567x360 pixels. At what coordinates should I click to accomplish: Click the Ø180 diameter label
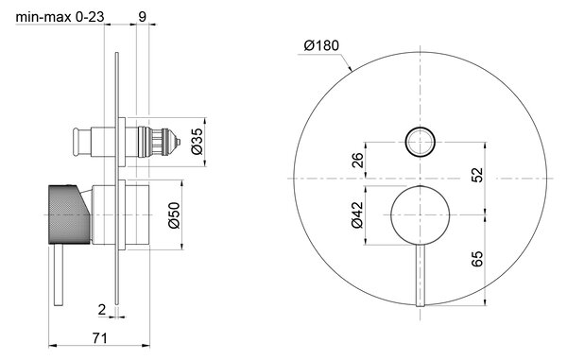(321, 46)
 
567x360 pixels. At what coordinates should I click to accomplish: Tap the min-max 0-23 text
(60, 17)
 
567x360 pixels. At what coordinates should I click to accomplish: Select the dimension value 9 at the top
(143, 17)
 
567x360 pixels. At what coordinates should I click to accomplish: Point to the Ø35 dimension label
(198, 142)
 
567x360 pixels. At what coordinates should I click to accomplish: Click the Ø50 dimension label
(174, 215)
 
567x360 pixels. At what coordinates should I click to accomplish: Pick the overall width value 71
(99, 338)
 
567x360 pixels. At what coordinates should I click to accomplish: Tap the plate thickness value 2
(102, 310)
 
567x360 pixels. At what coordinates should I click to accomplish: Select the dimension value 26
(357, 160)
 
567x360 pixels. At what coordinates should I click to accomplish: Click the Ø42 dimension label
(357, 215)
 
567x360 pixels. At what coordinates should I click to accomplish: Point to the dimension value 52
(477, 175)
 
